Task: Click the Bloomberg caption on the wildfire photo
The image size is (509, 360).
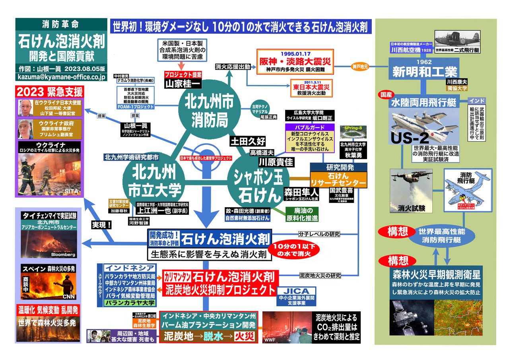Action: point(62,254)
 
